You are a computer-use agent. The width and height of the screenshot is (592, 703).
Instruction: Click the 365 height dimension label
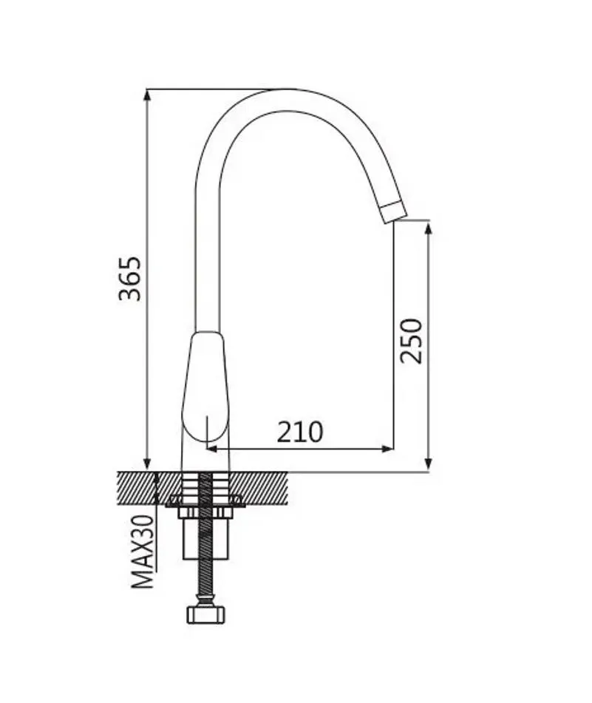pos(130,279)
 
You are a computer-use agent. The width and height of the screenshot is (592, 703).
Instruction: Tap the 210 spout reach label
pos(299,432)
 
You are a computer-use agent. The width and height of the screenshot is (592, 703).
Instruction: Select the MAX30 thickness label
pos(143,551)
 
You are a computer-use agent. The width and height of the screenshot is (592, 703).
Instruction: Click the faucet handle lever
pos(205,387)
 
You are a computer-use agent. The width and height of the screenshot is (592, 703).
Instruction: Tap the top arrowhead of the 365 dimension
pos(147,95)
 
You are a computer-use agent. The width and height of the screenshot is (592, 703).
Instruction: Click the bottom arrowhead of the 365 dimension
pos(147,464)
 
